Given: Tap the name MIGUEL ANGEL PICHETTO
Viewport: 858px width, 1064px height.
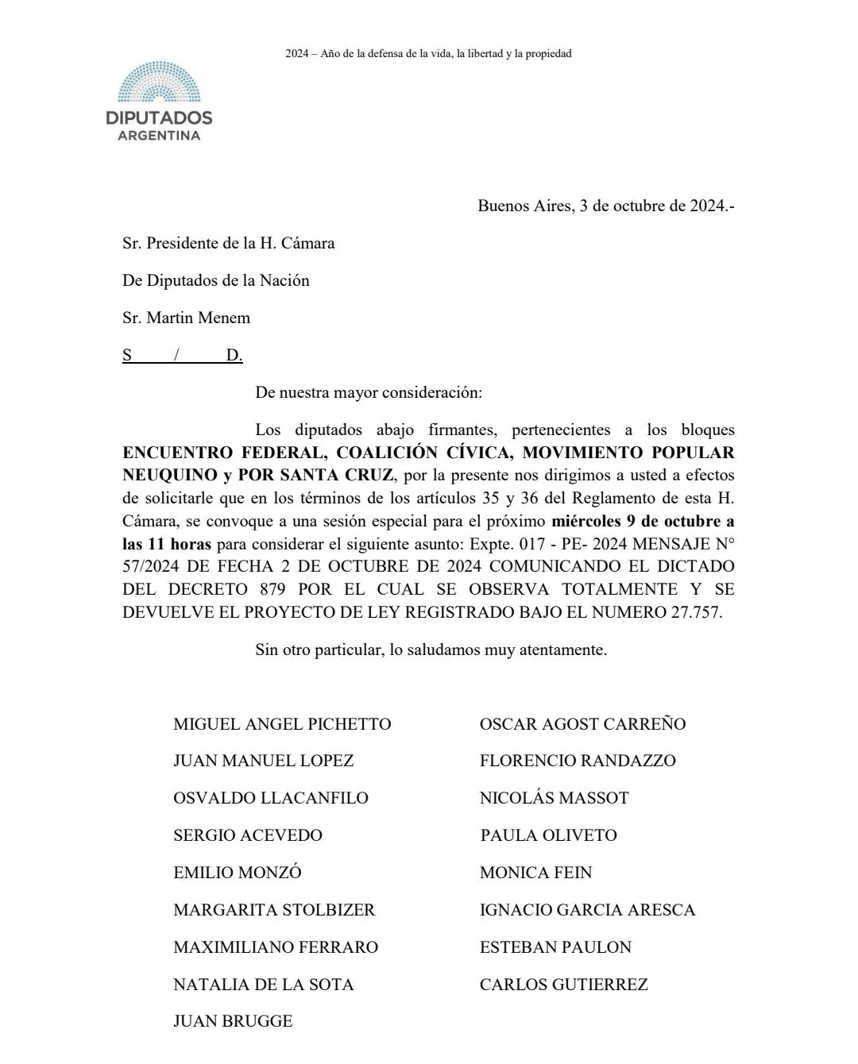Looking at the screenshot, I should point(282,724).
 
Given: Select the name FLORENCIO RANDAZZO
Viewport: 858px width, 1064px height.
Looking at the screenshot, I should point(578,761).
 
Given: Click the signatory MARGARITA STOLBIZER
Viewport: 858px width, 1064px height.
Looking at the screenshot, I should point(274,910).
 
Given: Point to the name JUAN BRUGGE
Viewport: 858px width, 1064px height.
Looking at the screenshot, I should point(233,1022).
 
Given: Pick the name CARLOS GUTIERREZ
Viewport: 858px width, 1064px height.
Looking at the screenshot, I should point(563,985).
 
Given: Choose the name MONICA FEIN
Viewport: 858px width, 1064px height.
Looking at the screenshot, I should point(535,873).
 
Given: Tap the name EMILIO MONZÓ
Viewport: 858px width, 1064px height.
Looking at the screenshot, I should point(238,873).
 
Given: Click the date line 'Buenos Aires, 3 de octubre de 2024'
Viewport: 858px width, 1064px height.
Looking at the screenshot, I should point(605,206).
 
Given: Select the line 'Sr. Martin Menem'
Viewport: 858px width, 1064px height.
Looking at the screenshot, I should point(186,318).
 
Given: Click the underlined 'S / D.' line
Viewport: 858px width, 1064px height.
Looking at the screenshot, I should point(182,356).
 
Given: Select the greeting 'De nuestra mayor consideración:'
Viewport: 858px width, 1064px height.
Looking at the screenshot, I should point(368,393).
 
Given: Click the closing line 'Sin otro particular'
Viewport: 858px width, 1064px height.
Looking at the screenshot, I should point(431,650).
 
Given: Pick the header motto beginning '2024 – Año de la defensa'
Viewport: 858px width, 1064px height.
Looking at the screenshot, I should point(428,54).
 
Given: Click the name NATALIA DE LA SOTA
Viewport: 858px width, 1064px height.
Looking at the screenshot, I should point(263,985).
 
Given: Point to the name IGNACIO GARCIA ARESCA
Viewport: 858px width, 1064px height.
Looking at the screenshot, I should point(587,910).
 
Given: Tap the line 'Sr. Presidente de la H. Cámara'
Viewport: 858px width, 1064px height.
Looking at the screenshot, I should point(228,244).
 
